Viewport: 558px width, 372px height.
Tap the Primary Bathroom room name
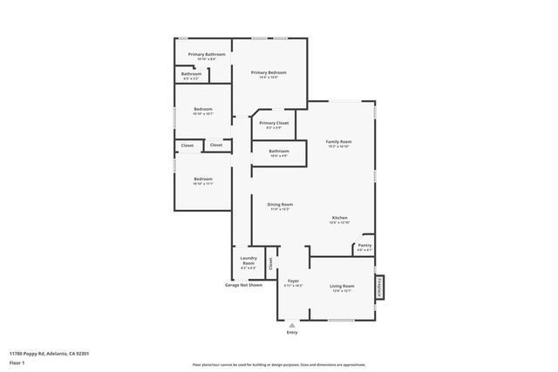tap(207, 55)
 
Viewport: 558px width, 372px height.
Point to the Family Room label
tap(338, 141)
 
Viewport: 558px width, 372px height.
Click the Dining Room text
tap(280, 204)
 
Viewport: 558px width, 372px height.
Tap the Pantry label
tap(364, 246)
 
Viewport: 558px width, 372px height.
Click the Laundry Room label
tap(248, 260)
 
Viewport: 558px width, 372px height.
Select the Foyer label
tap(293, 281)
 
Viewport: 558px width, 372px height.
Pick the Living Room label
tap(341, 286)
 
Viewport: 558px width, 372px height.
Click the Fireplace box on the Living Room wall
tap(380, 287)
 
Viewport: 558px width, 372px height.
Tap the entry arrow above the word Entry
tap(291, 324)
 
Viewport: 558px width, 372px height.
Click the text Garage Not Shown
tap(243, 285)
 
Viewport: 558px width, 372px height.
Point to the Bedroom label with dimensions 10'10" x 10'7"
tap(202, 110)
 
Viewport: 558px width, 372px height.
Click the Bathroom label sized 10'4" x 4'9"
tap(279, 152)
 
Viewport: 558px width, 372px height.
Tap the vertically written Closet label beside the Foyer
tap(270, 261)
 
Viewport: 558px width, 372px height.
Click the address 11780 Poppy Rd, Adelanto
tap(49, 353)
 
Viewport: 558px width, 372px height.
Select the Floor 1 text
tap(17, 362)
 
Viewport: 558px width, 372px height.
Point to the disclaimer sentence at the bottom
tap(279, 364)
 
